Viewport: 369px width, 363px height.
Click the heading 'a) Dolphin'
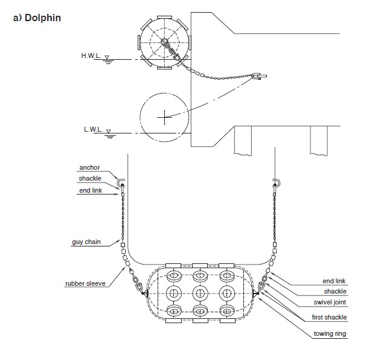pos(37,18)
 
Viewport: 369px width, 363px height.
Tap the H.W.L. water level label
pos(91,56)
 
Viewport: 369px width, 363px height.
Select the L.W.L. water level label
pos(94,129)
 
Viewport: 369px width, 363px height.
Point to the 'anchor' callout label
pos(89,167)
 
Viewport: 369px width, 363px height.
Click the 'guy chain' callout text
pos(86,242)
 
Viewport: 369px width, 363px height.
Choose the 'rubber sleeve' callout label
pos(85,283)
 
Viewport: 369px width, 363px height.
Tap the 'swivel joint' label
pos(330,302)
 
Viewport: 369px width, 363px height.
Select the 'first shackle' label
pos(329,317)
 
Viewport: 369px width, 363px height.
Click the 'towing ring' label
pos(330,334)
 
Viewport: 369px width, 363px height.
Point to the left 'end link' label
pos(91,190)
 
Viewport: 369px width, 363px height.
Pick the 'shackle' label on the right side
pos(335,292)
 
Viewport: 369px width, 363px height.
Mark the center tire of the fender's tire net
pos(200,294)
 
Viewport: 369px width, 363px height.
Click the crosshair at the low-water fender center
pos(164,117)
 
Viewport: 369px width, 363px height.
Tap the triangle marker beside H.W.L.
pos(107,57)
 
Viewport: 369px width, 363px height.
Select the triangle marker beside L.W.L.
pos(108,131)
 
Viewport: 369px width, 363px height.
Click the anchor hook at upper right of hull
pos(277,182)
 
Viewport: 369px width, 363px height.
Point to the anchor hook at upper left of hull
pos(121,182)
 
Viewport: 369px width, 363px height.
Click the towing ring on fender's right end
pos(255,294)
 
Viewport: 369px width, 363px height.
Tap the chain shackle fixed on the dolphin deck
pos(259,76)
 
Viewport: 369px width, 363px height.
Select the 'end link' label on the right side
pos(334,281)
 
